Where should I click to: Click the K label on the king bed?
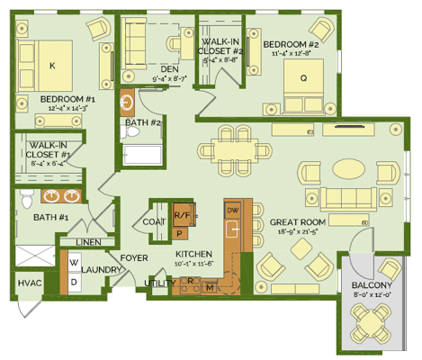coord(52,66)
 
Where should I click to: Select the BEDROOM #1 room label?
coord(67,98)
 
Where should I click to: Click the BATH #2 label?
coord(143,121)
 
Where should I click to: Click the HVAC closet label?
coord(29,283)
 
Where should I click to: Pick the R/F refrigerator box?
coord(182,216)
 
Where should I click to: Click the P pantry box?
coord(180,232)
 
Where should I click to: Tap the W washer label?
coord(74,263)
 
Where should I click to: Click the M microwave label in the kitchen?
coord(211,288)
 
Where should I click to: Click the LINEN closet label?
coord(88,241)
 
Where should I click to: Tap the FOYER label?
coord(134,256)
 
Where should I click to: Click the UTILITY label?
coord(159,283)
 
